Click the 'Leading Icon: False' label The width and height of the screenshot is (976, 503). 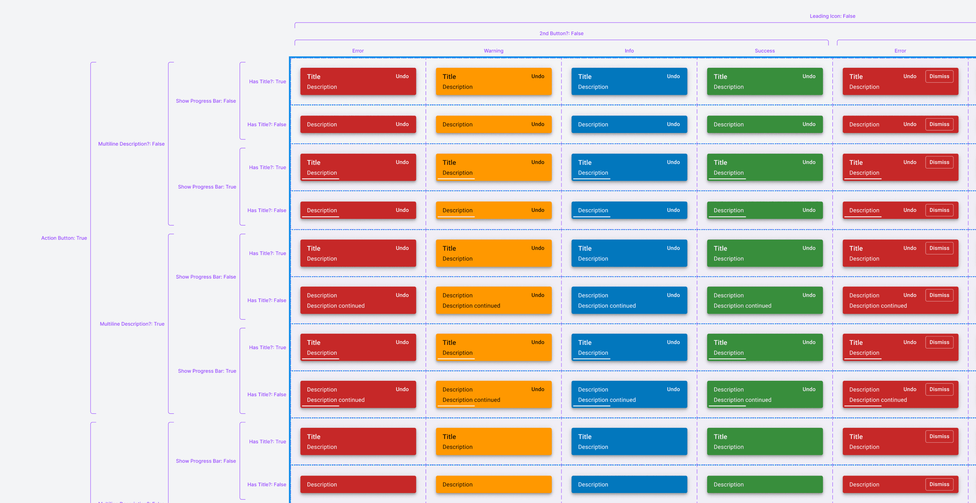(x=832, y=16)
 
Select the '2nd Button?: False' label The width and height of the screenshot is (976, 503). (x=561, y=33)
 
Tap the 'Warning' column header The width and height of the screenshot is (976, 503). (x=493, y=51)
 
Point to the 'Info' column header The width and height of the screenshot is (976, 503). (x=629, y=51)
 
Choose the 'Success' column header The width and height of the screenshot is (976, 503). (x=765, y=51)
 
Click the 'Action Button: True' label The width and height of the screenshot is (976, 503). (x=64, y=238)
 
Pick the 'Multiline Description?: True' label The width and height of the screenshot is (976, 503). (x=132, y=324)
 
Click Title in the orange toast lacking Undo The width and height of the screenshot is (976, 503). (x=449, y=437)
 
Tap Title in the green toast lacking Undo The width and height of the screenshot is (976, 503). (x=720, y=437)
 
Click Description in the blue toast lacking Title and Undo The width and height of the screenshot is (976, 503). (x=593, y=484)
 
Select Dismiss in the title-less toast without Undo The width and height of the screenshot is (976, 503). (x=939, y=484)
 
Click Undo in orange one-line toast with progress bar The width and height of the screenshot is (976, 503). (x=538, y=210)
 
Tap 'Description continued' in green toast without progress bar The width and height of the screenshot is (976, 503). (x=742, y=306)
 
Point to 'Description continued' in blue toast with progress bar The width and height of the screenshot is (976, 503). (x=607, y=400)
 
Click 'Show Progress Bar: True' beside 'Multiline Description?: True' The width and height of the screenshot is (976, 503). (x=207, y=371)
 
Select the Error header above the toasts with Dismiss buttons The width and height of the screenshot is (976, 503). (x=900, y=51)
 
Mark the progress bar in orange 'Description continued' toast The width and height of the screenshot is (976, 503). (x=456, y=406)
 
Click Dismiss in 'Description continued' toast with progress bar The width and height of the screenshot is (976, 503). (x=939, y=389)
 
